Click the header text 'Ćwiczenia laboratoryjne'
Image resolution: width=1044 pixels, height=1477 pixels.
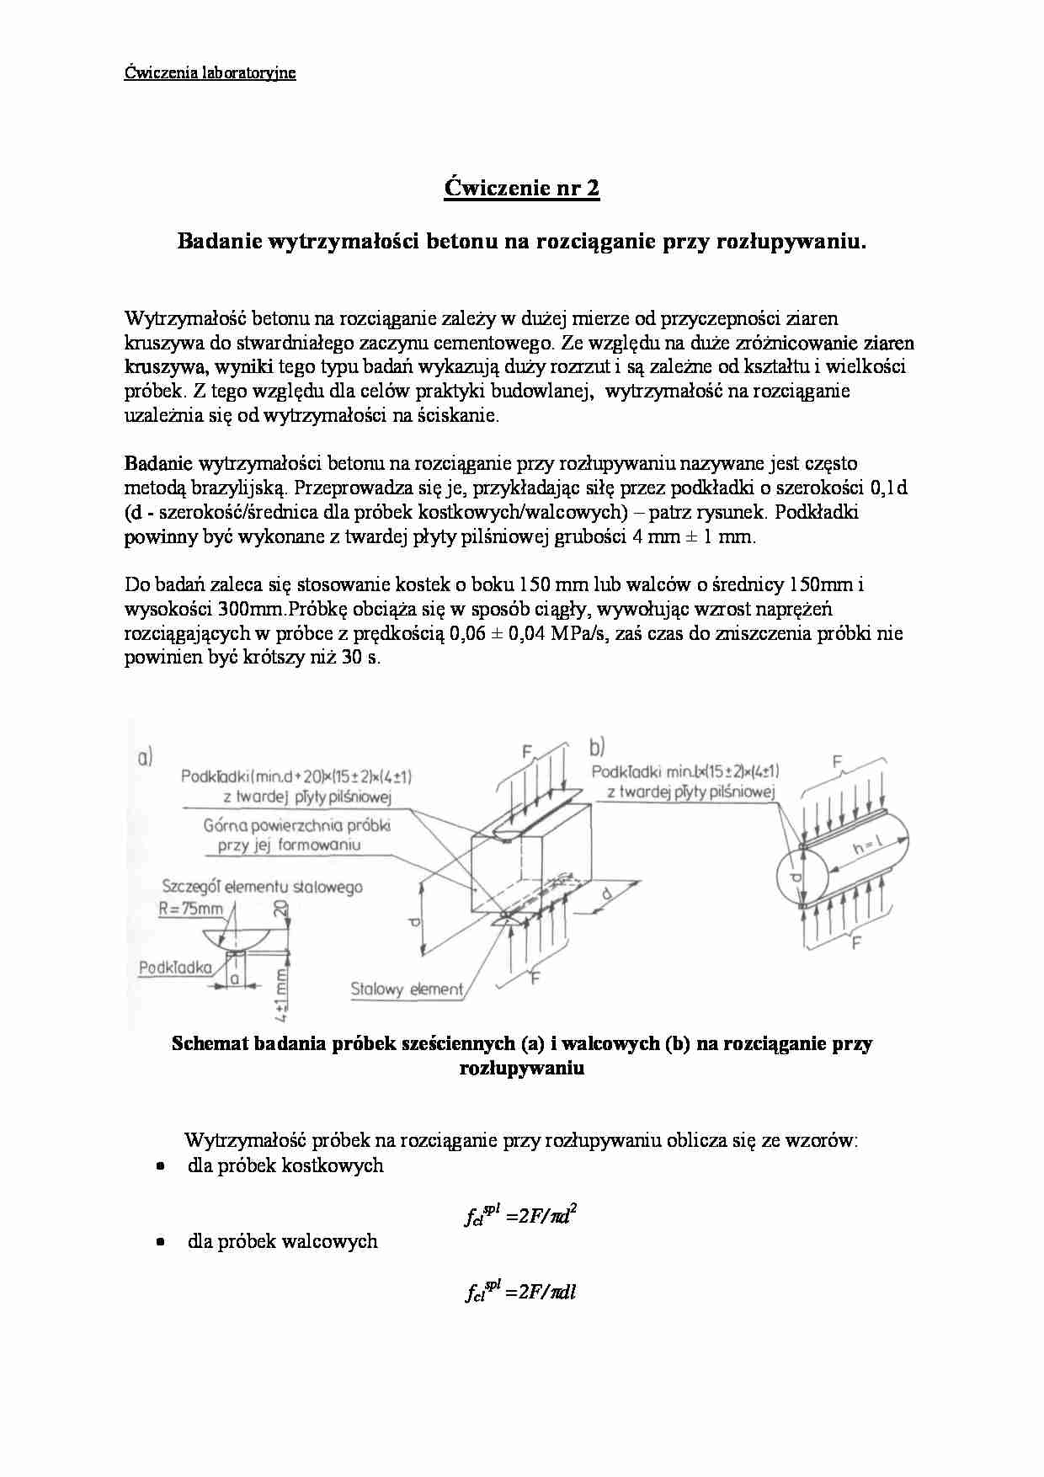(x=210, y=72)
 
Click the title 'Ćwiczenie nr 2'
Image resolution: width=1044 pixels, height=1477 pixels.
(x=521, y=188)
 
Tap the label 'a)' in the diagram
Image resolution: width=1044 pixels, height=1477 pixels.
(x=145, y=758)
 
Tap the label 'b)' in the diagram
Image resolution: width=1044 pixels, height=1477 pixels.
(x=597, y=747)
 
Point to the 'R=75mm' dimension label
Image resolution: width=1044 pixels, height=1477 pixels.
(x=191, y=908)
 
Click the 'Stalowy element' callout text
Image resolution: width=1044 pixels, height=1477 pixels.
(x=407, y=989)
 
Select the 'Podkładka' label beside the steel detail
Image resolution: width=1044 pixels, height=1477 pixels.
(x=174, y=968)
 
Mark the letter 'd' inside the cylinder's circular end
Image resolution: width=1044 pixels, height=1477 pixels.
(x=795, y=878)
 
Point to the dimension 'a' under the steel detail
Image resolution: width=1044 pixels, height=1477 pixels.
(x=235, y=978)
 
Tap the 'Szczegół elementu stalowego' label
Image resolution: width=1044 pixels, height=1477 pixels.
(x=262, y=887)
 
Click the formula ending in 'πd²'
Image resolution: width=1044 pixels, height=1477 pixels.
(x=520, y=1217)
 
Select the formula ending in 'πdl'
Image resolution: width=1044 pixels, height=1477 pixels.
(x=520, y=1292)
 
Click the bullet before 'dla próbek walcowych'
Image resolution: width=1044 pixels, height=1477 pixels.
(x=159, y=1242)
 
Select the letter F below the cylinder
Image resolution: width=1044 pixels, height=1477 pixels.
(x=855, y=944)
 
